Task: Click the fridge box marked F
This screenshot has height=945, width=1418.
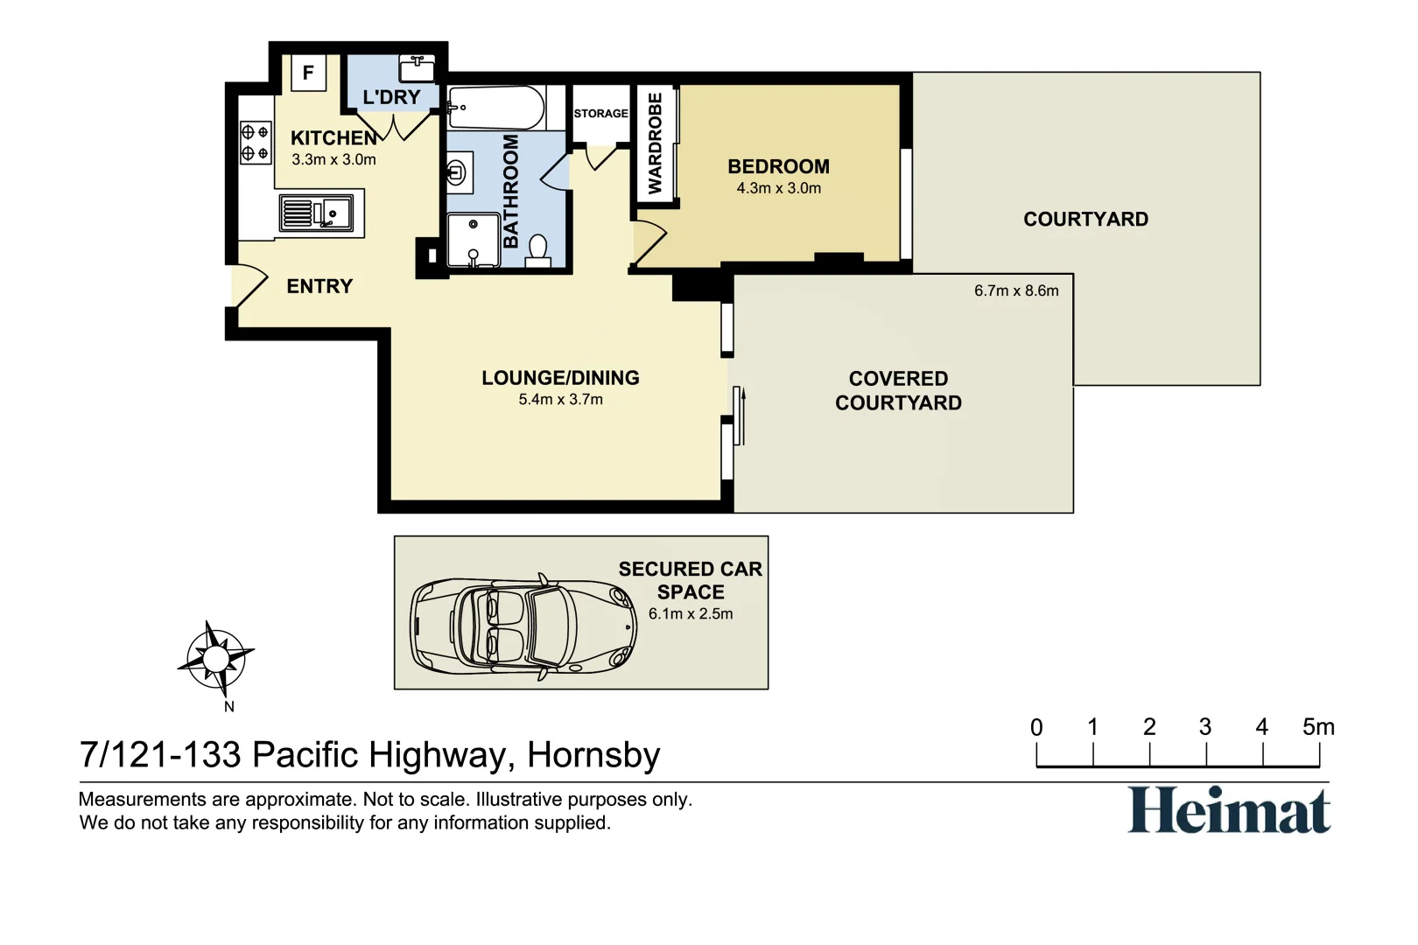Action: point(308,73)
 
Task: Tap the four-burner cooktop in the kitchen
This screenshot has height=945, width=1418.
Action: point(255,143)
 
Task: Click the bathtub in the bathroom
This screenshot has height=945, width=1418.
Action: point(495,108)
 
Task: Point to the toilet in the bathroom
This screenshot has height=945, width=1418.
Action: point(538,250)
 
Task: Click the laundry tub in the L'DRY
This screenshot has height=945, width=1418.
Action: point(418,67)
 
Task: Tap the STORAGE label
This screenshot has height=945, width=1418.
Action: point(600,114)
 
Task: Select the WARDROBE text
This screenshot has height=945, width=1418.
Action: point(655,143)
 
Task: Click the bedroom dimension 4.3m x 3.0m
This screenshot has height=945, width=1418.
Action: point(778,188)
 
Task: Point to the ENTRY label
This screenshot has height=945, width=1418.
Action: point(319,286)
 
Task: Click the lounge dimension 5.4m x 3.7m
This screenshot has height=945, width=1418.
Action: point(560,400)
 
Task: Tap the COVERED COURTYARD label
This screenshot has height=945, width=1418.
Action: point(898,390)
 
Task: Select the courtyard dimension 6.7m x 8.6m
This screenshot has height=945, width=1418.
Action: point(1015,290)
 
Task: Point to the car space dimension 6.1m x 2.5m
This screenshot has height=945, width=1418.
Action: point(690,614)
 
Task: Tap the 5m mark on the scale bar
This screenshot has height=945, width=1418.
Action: point(1318,727)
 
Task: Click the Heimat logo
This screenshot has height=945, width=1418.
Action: point(1228,809)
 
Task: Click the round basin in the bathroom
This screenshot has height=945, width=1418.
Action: point(456,172)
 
